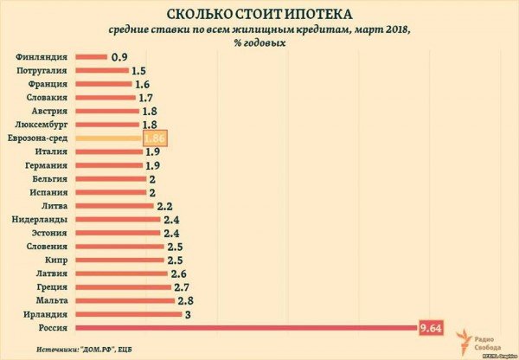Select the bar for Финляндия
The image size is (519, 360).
[x=91, y=57]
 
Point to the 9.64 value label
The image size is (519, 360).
[x=432, y=327]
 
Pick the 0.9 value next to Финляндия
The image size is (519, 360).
[x=120, y=57]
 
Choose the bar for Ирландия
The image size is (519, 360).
[x=128, y=313]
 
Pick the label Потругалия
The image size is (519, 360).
[x=43, y=71]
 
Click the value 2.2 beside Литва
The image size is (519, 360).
[x=167, y=206]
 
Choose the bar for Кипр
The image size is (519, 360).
[x=119, y=260]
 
